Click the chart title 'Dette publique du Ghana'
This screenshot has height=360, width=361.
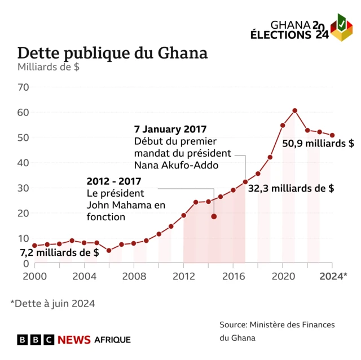[x=112, y=53]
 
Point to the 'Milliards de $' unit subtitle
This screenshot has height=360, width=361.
[x=48, y=68]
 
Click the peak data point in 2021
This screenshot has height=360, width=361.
[x=295, y=110]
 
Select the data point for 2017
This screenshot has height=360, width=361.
[x=245, y=182]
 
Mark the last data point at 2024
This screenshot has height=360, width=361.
[x=332, y=135]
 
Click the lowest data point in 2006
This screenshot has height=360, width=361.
[x=109, y=251]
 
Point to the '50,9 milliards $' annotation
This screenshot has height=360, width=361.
[x=318, y=144]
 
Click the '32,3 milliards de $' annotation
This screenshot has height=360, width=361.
[x=290, y=189]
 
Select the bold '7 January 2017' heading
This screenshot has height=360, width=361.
[x=170, y=128]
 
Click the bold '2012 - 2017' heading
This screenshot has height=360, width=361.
[x=113, y=181]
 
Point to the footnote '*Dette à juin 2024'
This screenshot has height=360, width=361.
[x=52, y=303]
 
